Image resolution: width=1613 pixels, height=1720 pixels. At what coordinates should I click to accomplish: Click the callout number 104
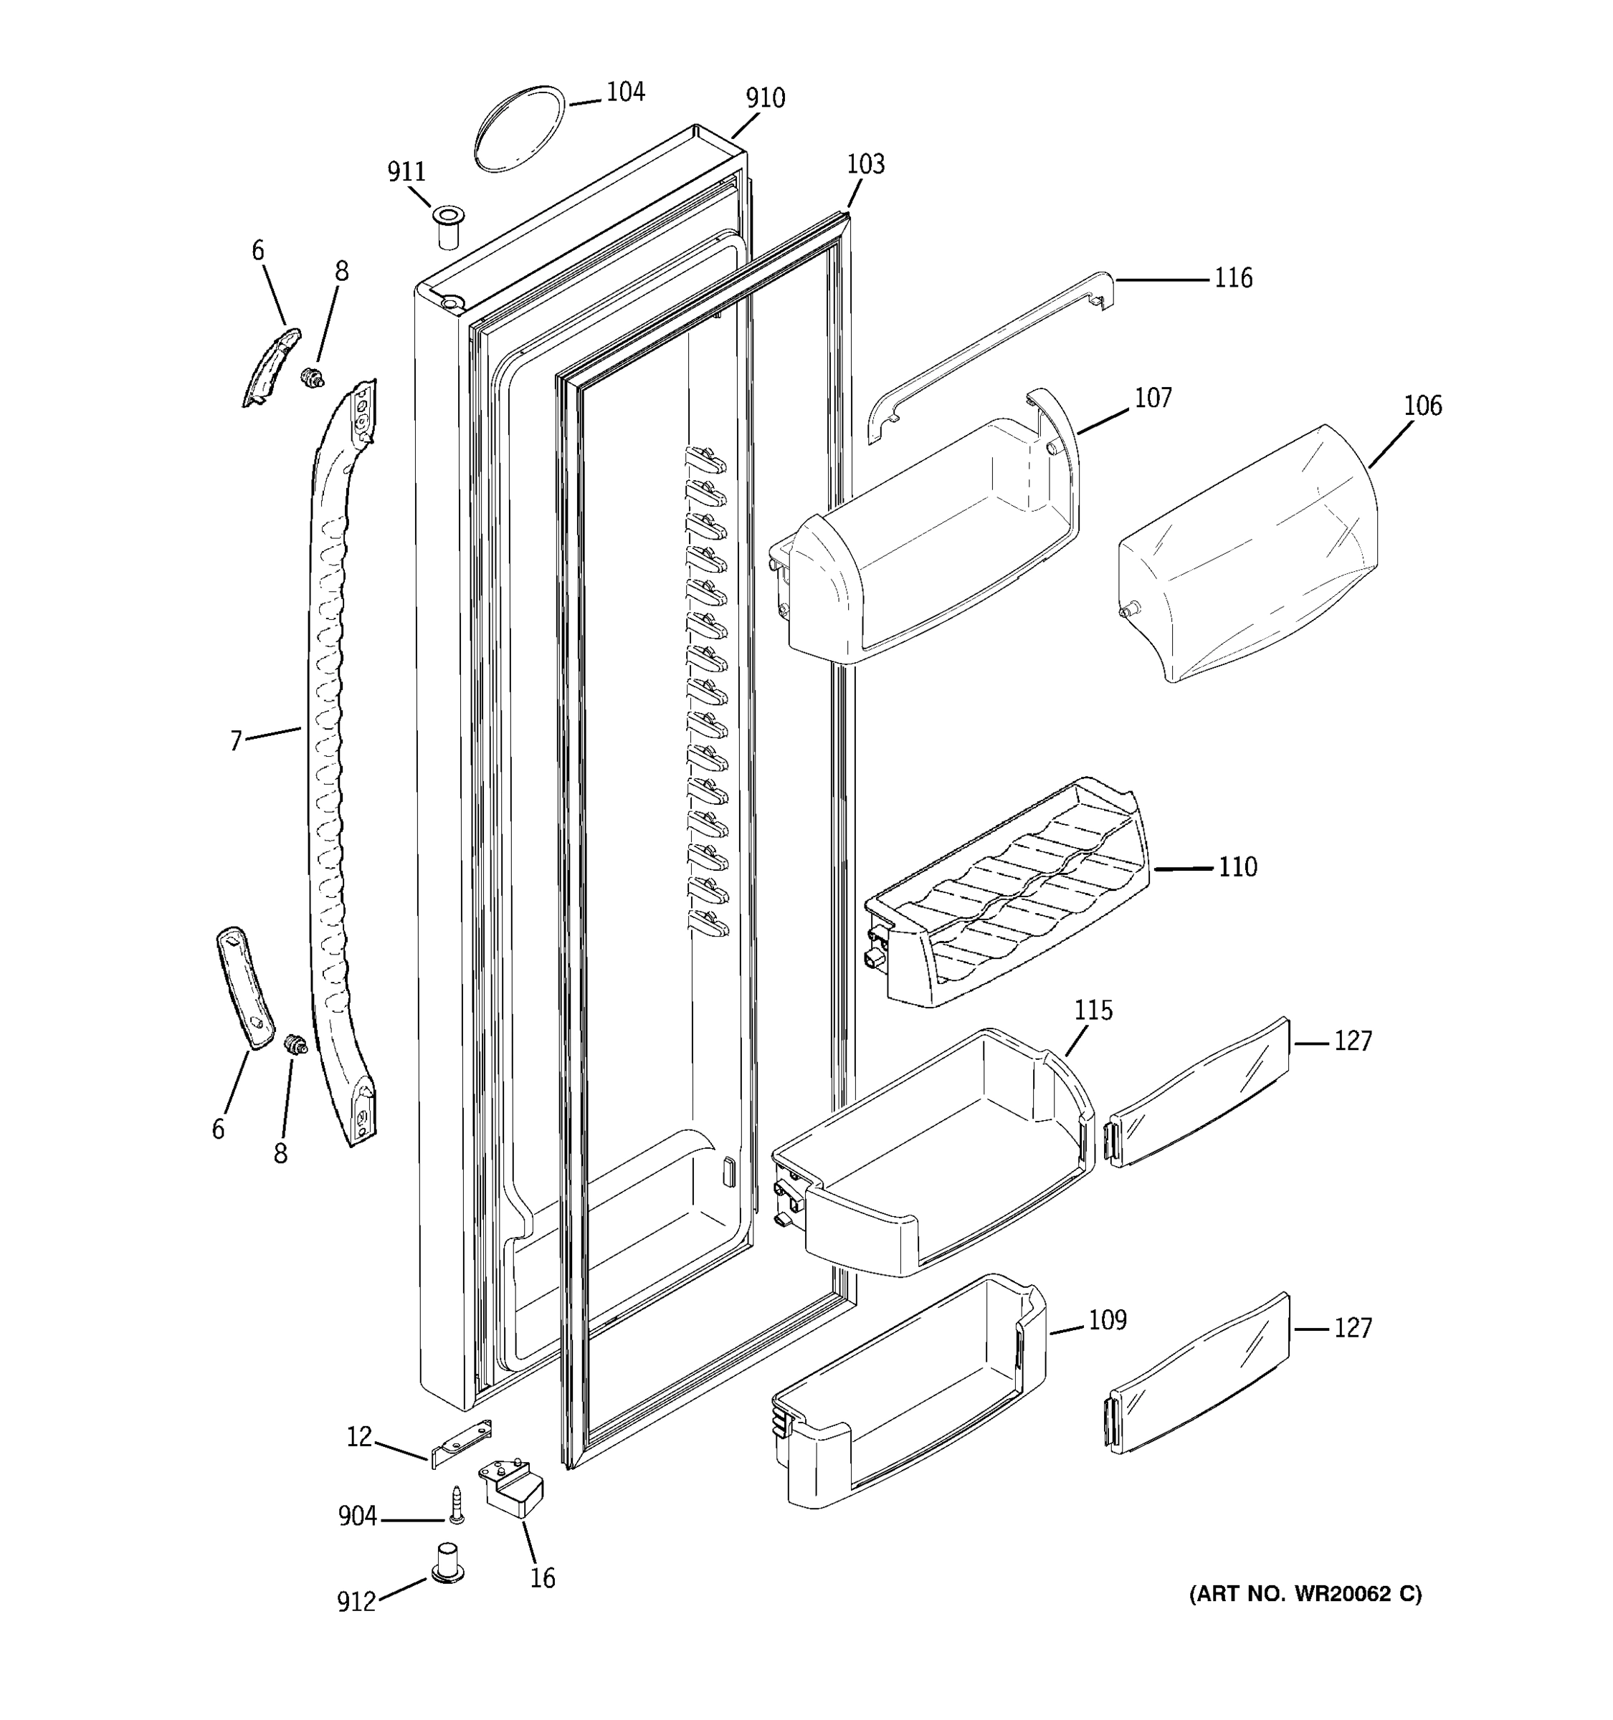click(x=625, y=92)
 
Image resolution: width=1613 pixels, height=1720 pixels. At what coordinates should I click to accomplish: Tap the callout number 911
click(x=406, y=172)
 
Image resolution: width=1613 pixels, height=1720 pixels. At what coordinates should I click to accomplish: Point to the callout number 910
click(x=765, y=99)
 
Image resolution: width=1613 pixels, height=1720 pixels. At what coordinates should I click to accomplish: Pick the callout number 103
click(x=865, y=163)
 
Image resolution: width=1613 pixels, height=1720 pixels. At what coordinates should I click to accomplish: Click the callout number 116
click(x=1233, y=278)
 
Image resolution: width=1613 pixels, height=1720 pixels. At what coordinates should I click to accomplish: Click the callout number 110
click(x=1237, y=867)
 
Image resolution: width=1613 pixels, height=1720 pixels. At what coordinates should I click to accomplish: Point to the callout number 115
click(x=1093, y=1010)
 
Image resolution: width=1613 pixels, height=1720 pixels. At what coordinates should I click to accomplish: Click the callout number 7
click(x=235, y=742)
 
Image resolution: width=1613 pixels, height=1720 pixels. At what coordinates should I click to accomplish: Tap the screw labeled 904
click(x=456, y=1506)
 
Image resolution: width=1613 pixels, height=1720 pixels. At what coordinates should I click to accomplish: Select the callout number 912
click(x=356, y=1602)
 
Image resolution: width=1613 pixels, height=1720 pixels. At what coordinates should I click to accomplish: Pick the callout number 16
click(x=543, y=1579)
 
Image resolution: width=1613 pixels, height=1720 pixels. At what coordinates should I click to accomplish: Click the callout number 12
click(x=359, y=1437)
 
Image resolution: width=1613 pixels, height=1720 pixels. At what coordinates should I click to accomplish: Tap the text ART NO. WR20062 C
click(x=1305, y=1594)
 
